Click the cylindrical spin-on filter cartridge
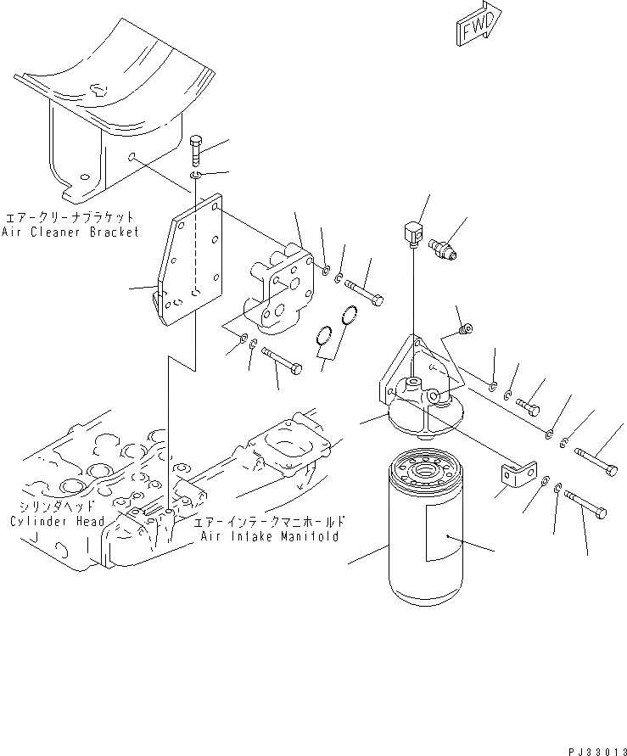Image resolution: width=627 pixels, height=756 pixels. coord(426,529)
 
